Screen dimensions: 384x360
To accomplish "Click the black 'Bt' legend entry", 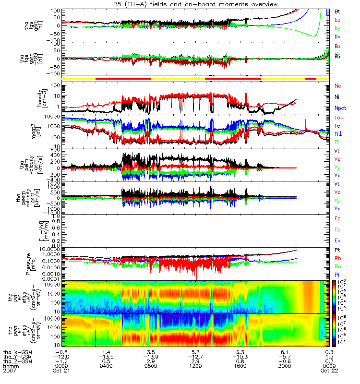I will pyautogui.click(x=337, y=11).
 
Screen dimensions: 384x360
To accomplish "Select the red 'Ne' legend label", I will pyautogui.click(x=337, y=86).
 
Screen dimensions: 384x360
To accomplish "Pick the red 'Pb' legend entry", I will pyautogui.click(x=337, y=257).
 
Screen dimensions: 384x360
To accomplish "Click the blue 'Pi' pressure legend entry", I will pyautogui.click(x=337, y=274).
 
